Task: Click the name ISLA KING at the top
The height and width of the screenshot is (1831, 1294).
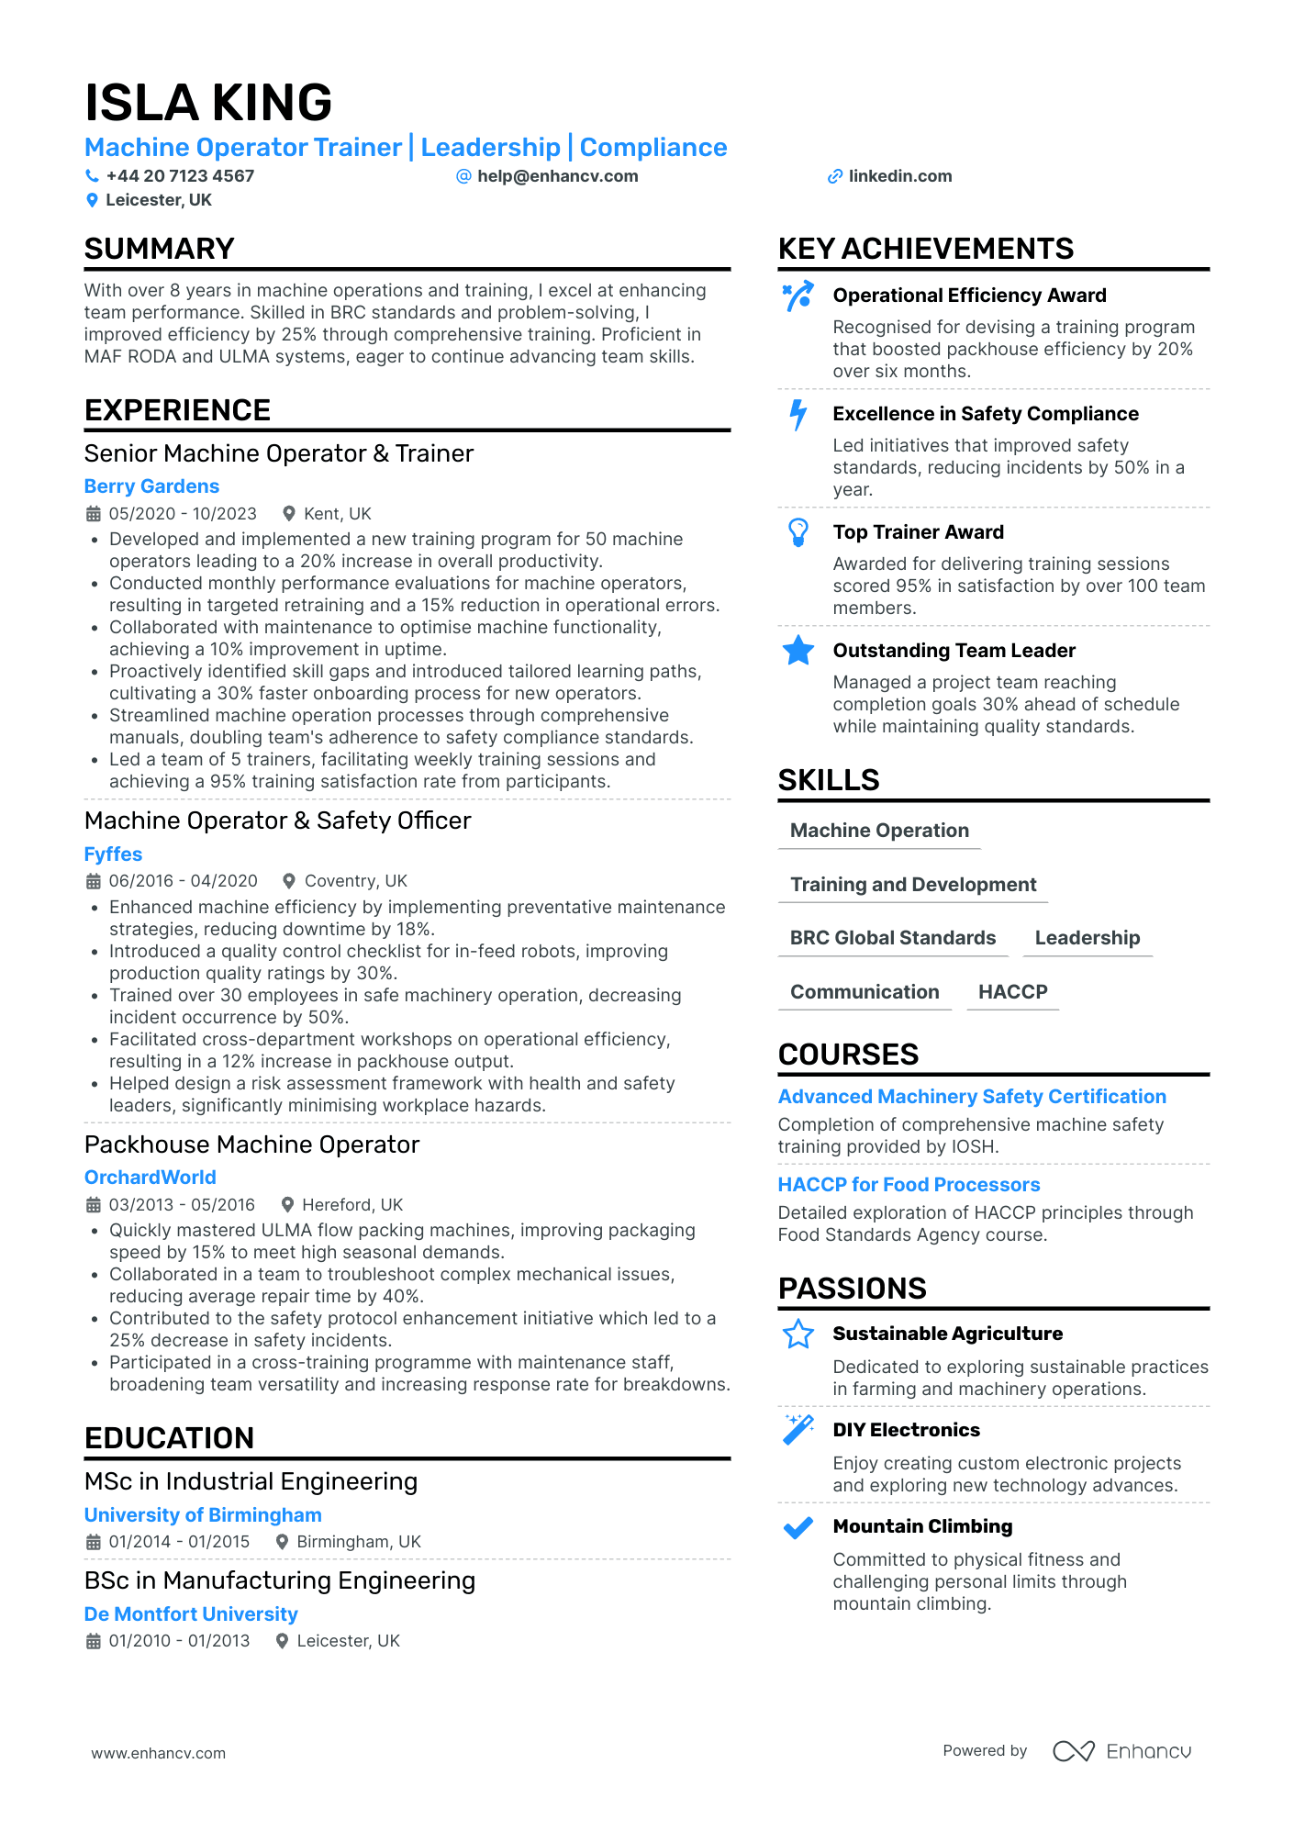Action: click(x=208, y=102)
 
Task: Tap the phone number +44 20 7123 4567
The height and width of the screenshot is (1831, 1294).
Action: click(x=180, y=176)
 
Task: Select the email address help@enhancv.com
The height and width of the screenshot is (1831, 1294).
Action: click(x=557, y=176)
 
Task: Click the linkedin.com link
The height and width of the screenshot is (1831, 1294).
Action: click(x=899, y=176)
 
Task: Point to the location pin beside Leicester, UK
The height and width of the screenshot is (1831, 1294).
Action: click(x=92, y=200)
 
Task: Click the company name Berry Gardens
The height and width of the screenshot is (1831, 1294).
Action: click(x=151, y=486)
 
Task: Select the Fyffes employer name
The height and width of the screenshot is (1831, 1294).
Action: click(x=113, y=854)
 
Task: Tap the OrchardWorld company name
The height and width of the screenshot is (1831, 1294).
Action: click(x=151, y=1178)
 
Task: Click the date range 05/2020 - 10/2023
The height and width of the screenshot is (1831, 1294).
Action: click(x=183, y=514)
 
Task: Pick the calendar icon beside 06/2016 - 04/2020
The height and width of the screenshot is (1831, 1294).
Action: click(x=94, y=881)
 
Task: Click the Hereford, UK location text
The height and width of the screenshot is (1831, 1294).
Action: click(x=352, y=1205)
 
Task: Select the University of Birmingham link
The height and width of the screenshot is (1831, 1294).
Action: click(x=203, y=1515)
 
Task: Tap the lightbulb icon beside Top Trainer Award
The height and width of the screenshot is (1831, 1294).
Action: click(x=798, y=532)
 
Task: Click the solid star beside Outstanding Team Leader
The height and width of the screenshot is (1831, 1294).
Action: click(x=798, y=651)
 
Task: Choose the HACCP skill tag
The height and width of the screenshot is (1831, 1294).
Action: click(x=1012, y=992)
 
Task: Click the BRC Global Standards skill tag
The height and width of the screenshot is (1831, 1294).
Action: click(x=892, y=938)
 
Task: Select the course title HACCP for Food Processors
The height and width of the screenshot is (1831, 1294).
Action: click(x=909, y=1185)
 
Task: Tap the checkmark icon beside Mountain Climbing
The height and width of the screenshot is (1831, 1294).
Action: click(x=798, y=1527)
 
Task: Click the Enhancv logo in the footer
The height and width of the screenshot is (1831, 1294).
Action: click(x=1121, y=1751)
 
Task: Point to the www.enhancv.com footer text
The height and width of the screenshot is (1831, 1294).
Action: click(x=158, y=1753)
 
